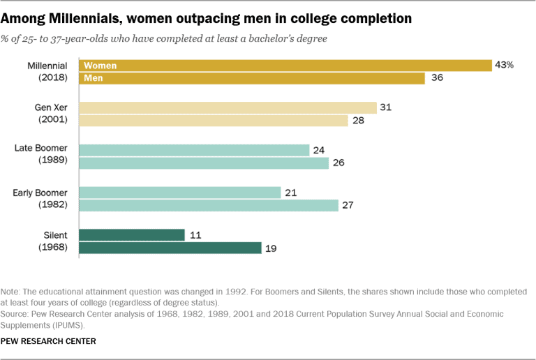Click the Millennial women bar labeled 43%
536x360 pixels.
[x=286, y=66]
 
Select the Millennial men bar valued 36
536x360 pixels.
[x=252, y=78]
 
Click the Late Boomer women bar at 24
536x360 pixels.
[x=195, y=150]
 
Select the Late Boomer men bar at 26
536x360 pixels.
[x=204, y=163]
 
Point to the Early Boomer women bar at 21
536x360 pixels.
[x=180, y=193]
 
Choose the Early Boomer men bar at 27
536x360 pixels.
[x=209, y=205]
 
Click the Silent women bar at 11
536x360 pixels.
[x=133, y=235]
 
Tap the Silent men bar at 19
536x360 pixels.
[x=170, y=248]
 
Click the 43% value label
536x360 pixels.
[x=505, y=65]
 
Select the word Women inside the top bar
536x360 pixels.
[x=100, y=66]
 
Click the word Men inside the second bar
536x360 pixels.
[x=94, y=78]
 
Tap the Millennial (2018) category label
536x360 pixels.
[x=46, y=72]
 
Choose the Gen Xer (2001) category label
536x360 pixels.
[x=50, y=114]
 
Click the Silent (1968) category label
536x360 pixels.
[x=53, y=241]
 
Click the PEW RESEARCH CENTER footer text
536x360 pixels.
[x=49, y=341]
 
